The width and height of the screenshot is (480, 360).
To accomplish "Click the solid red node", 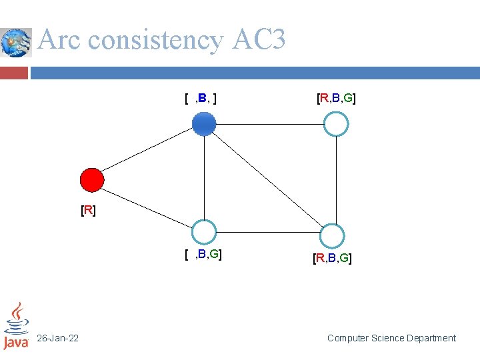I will click(91, 180).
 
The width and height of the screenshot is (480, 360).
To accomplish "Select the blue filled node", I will click(204, 123).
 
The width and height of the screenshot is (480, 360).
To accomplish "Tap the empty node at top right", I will click(336, 123).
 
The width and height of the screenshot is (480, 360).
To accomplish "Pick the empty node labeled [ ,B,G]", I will click(204, 232).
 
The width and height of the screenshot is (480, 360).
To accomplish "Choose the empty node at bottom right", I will click(331, 236).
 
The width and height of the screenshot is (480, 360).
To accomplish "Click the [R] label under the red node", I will click(88, 211).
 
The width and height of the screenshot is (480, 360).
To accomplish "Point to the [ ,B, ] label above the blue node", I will click(201, 99).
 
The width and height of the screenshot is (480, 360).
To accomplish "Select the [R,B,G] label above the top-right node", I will click(336, 99).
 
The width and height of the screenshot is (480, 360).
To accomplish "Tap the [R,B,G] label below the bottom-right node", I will click(332, 258).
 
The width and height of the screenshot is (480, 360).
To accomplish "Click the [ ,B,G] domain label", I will click(203, 254).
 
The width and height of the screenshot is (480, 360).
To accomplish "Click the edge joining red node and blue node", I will click(148, 151).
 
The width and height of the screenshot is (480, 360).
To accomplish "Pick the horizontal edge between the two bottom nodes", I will click(267, 234).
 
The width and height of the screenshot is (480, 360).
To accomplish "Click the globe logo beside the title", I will click(15, 43).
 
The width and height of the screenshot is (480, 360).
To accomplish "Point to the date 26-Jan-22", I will click(57, 339).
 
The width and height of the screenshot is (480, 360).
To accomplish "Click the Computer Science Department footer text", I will click(391, 338).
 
